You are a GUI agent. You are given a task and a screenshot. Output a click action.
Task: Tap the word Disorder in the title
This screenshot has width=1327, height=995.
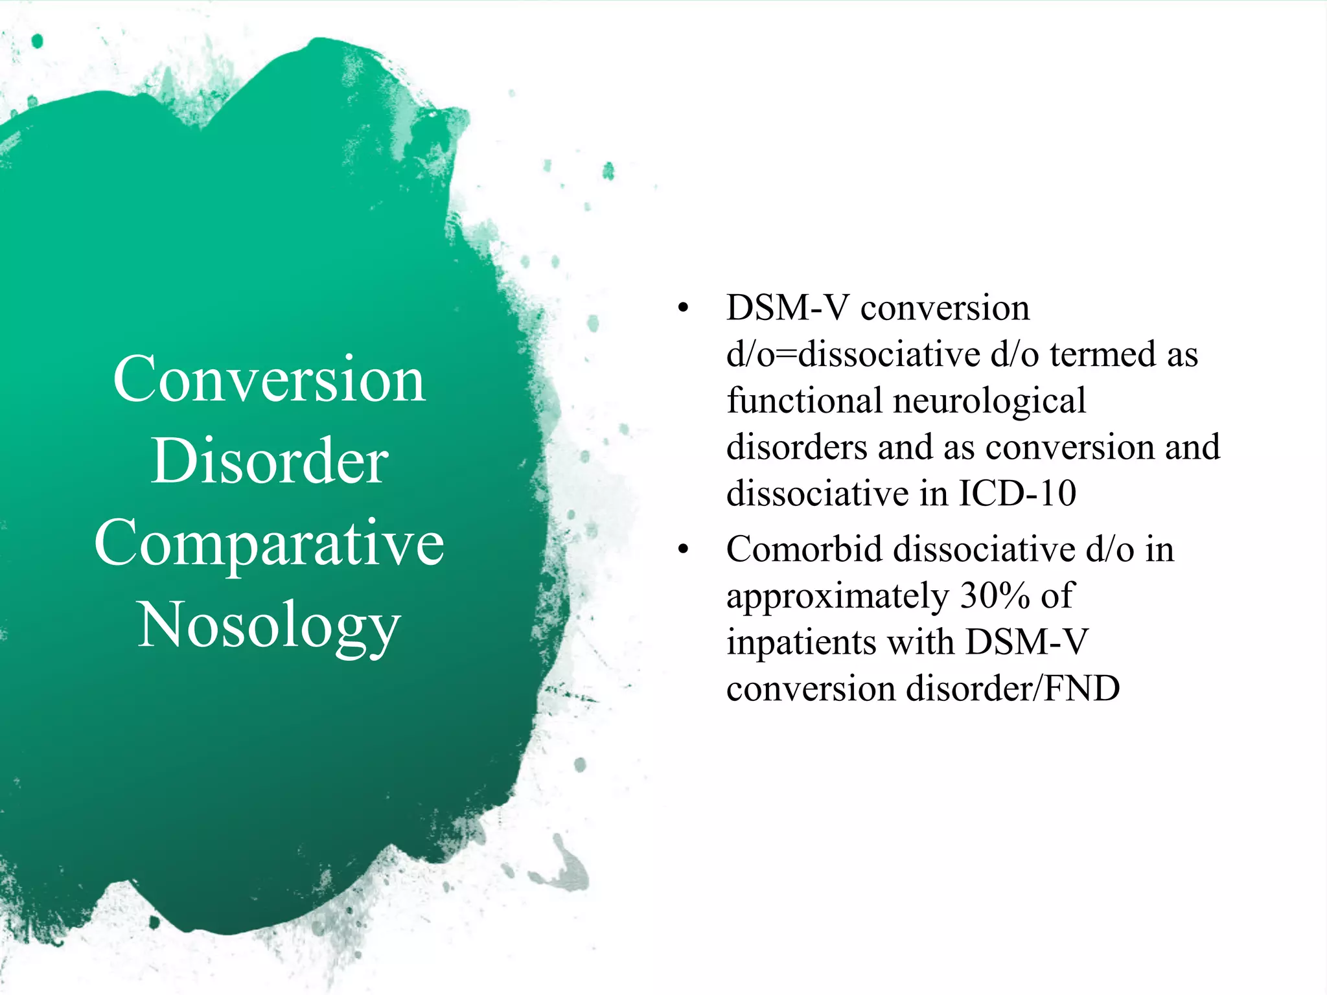pyautogui.click(x=270, y=461)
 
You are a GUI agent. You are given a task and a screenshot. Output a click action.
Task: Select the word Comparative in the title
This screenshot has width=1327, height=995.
pyautogui.click(x=269, y=544)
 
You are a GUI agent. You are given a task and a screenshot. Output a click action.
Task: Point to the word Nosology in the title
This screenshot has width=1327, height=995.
pyautogui.click(x=269, y=626)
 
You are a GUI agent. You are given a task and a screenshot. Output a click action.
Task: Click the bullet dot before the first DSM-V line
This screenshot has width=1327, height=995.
pyautogui.click(x=682, y=308)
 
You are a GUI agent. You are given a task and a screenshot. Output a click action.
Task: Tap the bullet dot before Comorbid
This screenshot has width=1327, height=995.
pyautogui.click(x=682, y=550)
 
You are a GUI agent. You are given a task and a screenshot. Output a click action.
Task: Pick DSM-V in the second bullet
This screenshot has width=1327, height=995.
pyautogui.click(x=1026, y=643)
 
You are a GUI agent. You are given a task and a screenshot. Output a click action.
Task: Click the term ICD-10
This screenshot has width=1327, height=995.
pyautogui.click(x=1017, y=494)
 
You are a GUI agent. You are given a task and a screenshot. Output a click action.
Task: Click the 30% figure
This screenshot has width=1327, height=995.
pyautogui.click(x=995, y=596)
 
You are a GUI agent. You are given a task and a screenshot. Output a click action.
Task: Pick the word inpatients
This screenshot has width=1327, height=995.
pyautogui.click(x=801, y=643)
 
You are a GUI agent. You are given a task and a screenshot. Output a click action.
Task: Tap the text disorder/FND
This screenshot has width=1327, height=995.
pyautogui.click(x=1013, y=689)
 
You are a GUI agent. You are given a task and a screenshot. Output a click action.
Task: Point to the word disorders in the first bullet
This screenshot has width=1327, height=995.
pyautogui.click(x=796, y=448)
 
